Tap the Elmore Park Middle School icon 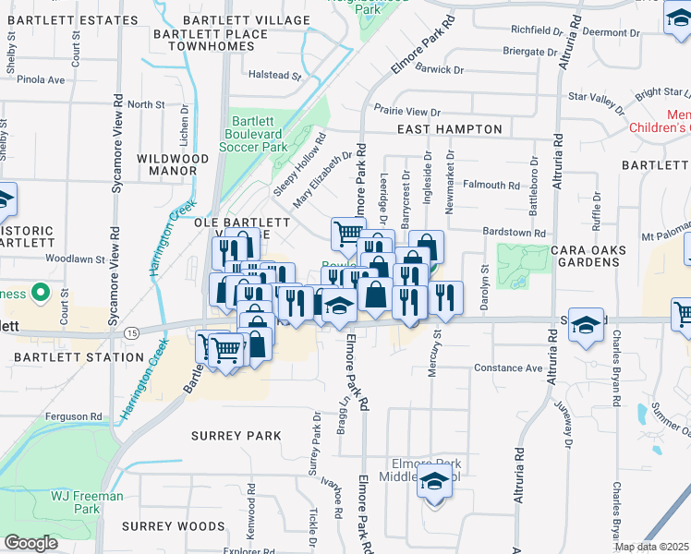(434, 482)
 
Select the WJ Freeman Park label (87, 502)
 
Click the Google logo (30, 543)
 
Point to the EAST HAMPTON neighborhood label (449, 130)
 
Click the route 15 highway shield (134, 331)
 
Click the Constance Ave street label (508, 367)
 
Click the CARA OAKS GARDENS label (600, 256)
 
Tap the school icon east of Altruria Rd (586, 326)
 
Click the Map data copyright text (652, 547)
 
